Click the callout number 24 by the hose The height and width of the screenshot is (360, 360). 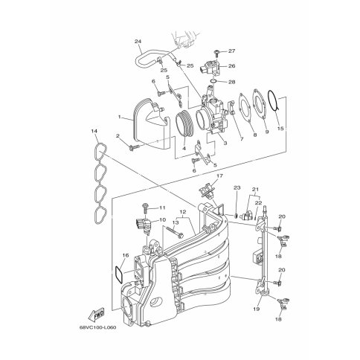point(138,42)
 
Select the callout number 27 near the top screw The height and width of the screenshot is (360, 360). point(231,51)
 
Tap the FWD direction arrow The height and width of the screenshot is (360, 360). point(96,315)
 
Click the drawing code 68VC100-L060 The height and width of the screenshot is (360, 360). point(97,327)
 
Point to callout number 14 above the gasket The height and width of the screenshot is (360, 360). point(94,131)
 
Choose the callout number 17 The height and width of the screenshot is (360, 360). point(220,176)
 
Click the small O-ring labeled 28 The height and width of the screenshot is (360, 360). point(213,81)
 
